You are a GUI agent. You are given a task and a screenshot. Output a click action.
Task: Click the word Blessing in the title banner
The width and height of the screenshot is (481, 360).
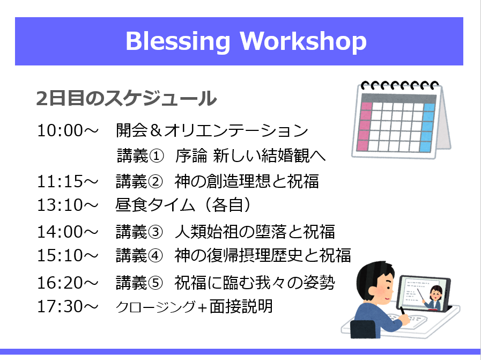pyautogui.click(x=177, y=41)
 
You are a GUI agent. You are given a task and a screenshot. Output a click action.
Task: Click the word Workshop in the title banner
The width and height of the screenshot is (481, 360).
pyautogui.click(x=303, y=41)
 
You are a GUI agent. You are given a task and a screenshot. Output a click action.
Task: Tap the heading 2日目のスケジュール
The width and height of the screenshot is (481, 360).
pyautogui.click(x=127, y=98)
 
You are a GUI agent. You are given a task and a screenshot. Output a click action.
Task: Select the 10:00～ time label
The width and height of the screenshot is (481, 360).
pyautogui.click(x=68, y=130)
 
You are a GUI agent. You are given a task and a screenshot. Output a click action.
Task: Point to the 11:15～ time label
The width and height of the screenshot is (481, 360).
pyautogui.click(x=68, y=181)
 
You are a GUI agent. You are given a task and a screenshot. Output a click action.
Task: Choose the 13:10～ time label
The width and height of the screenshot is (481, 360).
pyautogui.click(x=68, y=205)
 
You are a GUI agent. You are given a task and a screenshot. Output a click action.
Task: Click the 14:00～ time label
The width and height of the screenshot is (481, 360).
pyautogui.click(x=68, y=232)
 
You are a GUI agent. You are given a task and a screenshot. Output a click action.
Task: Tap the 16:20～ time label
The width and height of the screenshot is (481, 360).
pyautogui.click(x=68, y=283)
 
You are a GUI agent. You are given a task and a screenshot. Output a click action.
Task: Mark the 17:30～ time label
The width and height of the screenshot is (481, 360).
pyautogui.click(x=68, y=306)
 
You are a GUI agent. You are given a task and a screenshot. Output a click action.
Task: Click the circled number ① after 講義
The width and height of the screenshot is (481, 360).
pyautogui.click(x=157, y=156)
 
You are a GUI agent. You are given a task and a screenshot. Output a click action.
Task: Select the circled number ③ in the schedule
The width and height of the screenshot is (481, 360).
pyautogui.click(x=155, y=232)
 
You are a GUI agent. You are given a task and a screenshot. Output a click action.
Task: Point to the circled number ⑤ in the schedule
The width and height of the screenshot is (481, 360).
pyautogui.click(x=155, y=283)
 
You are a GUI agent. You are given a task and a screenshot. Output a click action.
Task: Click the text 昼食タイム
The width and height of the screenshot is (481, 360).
pyautogui.click(x=155, y=205)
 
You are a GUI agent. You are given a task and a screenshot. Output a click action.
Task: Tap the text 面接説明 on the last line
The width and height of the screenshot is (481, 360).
pyautogui.click(x=241, y=306)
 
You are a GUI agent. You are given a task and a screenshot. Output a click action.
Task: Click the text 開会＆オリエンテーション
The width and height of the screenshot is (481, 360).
pyautogui.click(x=212, y=130)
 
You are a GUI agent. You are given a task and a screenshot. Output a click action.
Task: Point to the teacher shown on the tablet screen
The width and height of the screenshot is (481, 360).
pyautogui.click(x=434, y=298)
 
